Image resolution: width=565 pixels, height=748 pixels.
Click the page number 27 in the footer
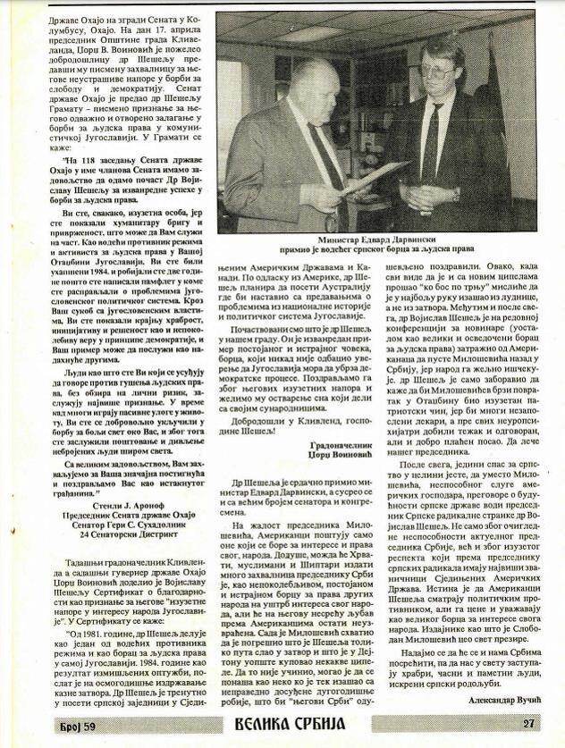(x=527, y=723)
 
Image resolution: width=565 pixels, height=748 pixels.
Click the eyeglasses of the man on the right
(x=436, y=70)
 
